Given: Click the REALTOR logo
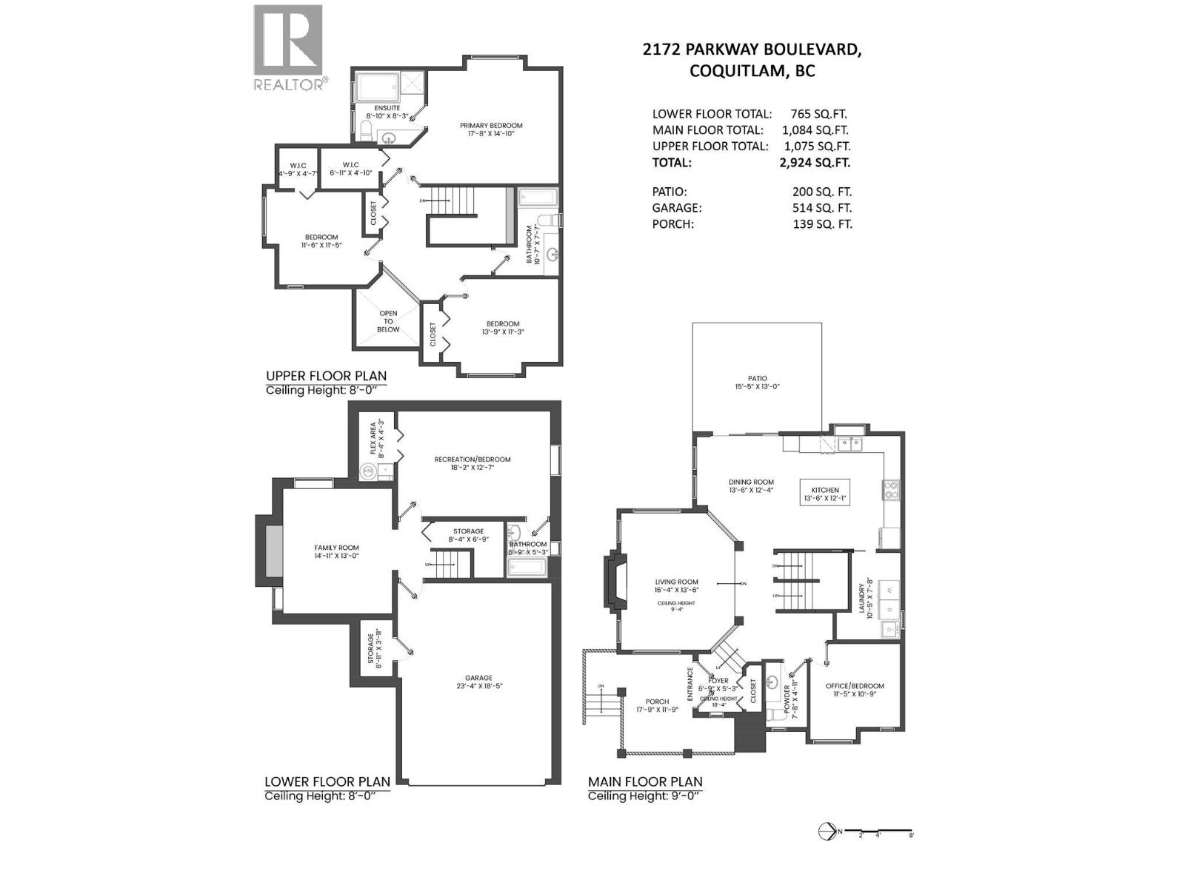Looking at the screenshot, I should [289, 47].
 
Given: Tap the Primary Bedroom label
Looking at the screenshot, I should [490, 125].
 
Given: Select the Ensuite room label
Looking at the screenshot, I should [387, 108].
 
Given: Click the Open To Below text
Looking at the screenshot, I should [388, 321].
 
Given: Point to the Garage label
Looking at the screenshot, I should [478, 678].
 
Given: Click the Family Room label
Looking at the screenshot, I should [336, 548].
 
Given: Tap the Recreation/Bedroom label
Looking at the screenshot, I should [472, 460].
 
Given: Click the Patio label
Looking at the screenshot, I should [757, 378].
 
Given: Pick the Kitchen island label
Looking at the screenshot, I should [824, 490].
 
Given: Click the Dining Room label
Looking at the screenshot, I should [751, 482].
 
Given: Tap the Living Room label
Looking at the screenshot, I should [676, 582].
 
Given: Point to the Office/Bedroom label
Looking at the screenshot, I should [855, 686].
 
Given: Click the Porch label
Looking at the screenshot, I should [657, 702].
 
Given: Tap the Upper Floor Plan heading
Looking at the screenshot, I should [326, 376].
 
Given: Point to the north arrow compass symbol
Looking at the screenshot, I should [827, 832].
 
